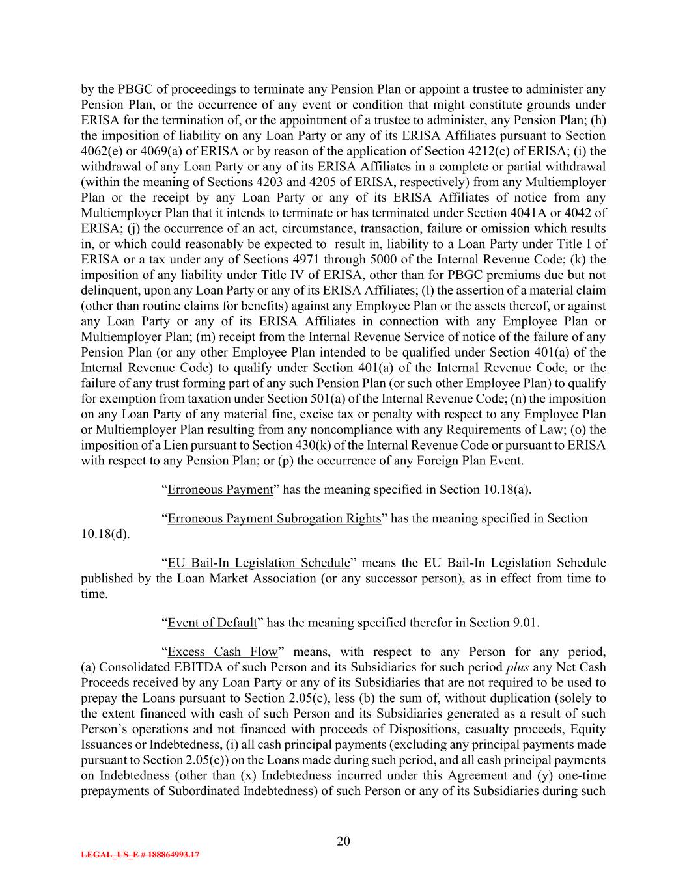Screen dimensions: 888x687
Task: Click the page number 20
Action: tap(344, 841)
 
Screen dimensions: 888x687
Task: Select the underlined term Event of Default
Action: tap(212, 623)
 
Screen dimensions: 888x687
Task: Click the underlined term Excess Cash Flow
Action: tap(223, 652)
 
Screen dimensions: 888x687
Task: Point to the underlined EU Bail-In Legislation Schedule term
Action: tap(259, 563)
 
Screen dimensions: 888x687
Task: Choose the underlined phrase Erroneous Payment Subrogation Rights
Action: tap(274, 518)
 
